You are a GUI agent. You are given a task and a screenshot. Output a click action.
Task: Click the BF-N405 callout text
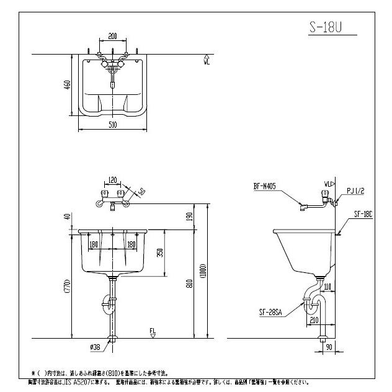[x=265, y=185]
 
